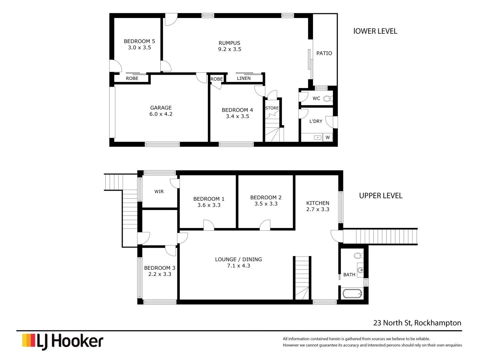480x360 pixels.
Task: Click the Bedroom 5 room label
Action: (139, 41)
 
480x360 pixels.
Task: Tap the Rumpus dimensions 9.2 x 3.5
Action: (229, 49)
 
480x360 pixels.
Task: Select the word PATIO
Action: (324, 53)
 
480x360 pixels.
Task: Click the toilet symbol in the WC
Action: (327, 99)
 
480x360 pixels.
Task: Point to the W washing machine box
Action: (328, 137)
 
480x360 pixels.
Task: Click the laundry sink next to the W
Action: (318, 137)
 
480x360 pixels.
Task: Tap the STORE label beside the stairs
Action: (272, 108)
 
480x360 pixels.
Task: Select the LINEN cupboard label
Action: (244, 78)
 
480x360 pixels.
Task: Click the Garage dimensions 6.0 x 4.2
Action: (161, 114)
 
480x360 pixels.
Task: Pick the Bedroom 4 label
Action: (237, 110)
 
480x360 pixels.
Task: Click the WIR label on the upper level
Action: (159, 192)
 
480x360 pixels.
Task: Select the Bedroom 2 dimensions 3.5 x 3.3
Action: (266, 204)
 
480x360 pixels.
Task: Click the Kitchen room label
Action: (318, 203)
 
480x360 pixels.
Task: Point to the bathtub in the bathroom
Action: (352, 294)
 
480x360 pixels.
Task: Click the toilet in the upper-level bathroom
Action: (358, 256)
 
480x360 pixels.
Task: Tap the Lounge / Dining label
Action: (238, 259)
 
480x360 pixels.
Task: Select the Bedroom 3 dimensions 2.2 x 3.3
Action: (160, 274)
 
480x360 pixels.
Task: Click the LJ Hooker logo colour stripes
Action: (29, 340)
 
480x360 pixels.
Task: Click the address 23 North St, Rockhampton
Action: (417, 323)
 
